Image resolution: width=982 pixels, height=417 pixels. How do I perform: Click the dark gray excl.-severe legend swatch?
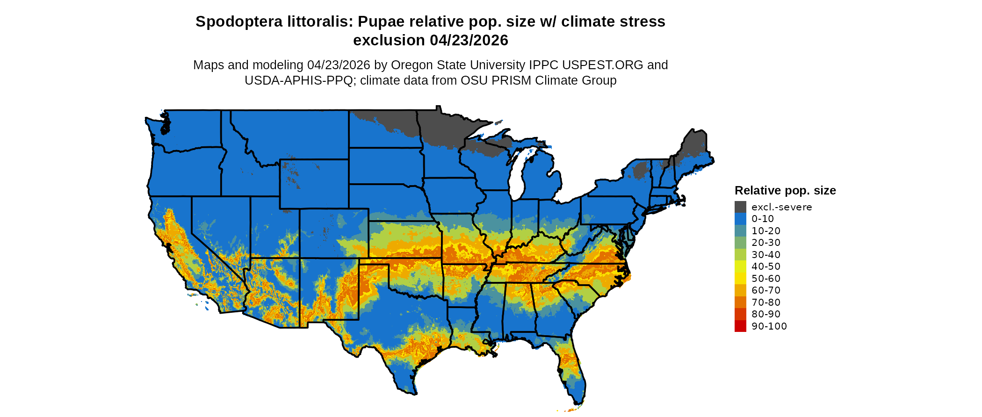pos(740,207)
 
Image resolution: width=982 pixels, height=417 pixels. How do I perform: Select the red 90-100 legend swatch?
pos(740,326)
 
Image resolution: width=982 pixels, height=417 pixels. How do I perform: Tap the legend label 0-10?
pos(763,219)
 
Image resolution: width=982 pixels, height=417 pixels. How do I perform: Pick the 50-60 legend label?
pos(766,279)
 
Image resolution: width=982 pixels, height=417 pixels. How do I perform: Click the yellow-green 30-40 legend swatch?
pos(740,255)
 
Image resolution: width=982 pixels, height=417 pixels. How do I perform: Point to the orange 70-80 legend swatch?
pos(740,302)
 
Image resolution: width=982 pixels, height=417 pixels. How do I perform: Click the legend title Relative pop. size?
pos(785,191)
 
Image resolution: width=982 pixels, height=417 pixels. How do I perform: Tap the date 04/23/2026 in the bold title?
pos(469,41)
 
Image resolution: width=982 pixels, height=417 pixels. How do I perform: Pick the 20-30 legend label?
pos(766,243)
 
